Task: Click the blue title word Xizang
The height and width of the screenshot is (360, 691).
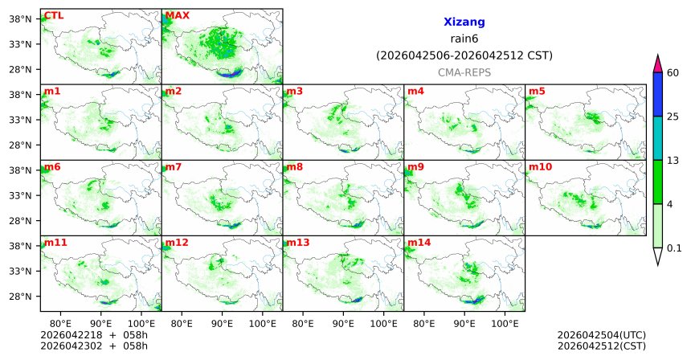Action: pos(464,22)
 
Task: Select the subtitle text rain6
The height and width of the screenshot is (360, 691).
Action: pos(464,39)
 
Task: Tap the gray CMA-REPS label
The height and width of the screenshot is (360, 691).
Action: pos(464,72)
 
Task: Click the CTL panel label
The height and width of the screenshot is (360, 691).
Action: pos(55,15)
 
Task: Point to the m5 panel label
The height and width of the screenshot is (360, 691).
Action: pos(537,91)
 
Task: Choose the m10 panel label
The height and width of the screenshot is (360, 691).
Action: pos(540,167)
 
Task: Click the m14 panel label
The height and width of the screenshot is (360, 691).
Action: pos(419,242)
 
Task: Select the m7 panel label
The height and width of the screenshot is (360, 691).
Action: pos(174,167)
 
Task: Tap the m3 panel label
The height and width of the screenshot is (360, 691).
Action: pos(294,91)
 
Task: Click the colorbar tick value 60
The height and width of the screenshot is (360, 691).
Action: pos(673,73)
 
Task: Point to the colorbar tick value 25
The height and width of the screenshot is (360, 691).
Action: pos(673,117)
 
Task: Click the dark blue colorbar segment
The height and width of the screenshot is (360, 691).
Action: pos(658,95)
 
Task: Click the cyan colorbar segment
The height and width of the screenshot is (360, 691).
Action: pos(658,138)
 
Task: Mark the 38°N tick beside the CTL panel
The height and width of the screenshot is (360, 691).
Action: pos(19,18)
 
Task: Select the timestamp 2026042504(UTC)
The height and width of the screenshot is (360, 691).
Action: pos(601,335)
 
